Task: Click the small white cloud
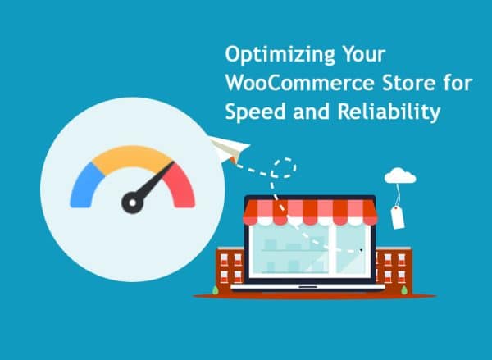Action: click(400, 175)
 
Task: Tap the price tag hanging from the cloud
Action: click(398, 216)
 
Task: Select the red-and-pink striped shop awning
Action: click(309, 211)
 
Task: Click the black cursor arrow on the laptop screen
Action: click(360, 248)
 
